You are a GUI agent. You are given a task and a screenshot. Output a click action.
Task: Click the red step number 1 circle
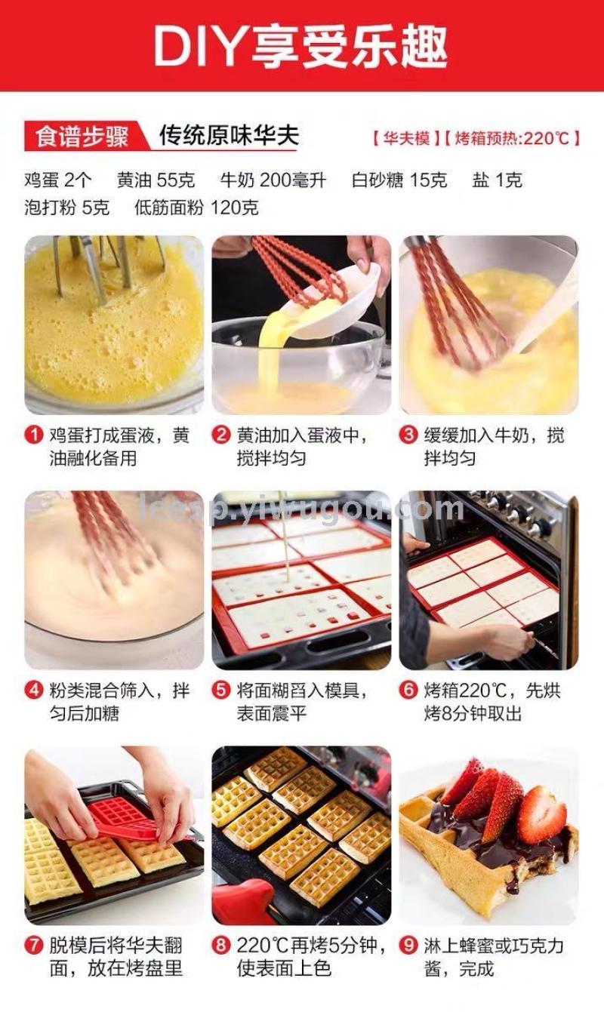(x=34, y=435)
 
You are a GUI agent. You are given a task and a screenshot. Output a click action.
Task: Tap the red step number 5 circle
(x=221, y=691)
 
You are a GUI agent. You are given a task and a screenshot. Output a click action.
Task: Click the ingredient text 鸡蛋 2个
(x=58, y=180)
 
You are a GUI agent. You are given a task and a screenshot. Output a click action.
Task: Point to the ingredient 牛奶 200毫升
(x=273, y=180)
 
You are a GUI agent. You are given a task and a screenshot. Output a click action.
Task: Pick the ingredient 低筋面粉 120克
(x=196, y=208)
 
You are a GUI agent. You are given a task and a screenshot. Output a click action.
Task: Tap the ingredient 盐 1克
(x=498, y=180)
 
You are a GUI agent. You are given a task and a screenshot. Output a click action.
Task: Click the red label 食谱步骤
(x=82, y=137)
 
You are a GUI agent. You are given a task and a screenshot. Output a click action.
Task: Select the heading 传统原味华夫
(x=230, y=135)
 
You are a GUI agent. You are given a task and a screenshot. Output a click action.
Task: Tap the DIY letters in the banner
(x=200, y=46)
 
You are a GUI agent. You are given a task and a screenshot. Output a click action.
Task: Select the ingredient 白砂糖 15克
(x=399, y=180)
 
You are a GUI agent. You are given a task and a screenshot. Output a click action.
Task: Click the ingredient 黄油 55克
(x=156, y=180)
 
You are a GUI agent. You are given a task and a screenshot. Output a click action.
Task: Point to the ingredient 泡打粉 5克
(x=67, y=208)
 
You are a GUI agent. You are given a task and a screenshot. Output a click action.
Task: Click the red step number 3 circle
(x=408, y=435)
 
